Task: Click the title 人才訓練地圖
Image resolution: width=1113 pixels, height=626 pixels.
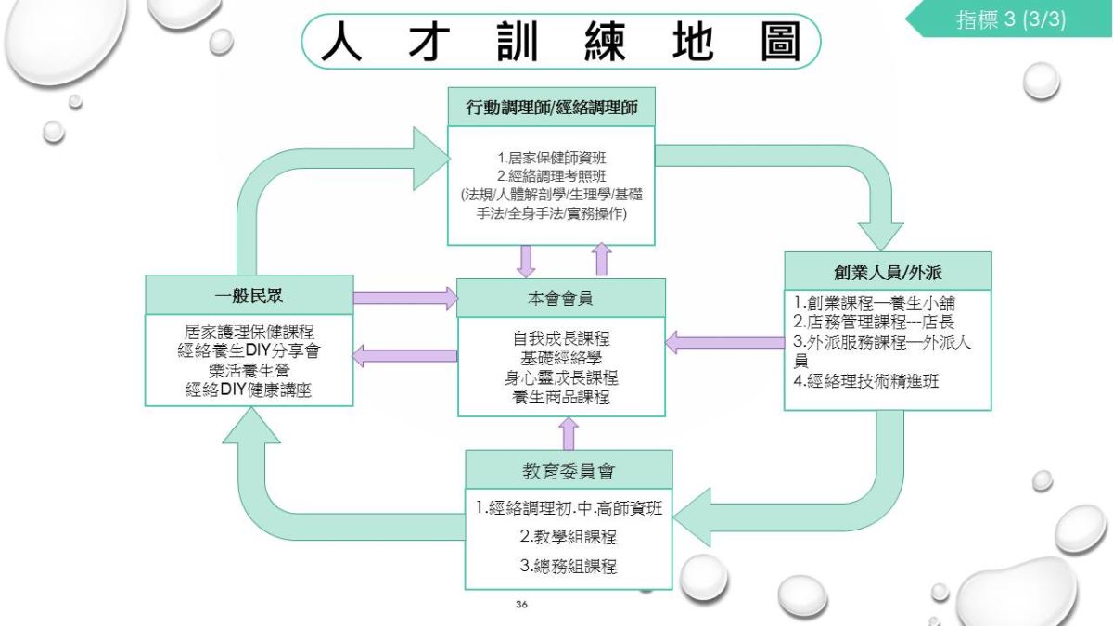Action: tap(561, 41)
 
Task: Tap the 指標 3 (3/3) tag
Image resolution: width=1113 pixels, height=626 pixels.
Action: tap(1011, 19)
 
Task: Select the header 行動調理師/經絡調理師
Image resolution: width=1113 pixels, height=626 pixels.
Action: tap(552, 108)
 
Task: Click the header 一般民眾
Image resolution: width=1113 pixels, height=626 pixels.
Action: tap(249, 296)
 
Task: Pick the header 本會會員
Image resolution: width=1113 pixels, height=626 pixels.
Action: tap(560, 299)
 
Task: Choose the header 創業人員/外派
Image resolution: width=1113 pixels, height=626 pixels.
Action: tap(888, 273)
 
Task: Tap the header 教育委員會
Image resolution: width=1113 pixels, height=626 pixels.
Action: tap(569, 470)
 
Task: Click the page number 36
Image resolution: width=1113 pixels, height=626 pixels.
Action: tap(521, 604)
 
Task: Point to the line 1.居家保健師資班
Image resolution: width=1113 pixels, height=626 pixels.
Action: tap(552, 158)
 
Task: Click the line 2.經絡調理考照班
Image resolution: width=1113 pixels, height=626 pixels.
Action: tap(552, 176)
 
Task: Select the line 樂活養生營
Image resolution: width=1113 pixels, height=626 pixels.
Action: tap(249, 371)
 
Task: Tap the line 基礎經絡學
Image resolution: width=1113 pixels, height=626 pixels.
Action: tap(561, 358)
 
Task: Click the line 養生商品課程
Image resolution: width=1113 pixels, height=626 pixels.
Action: tap(561, 397)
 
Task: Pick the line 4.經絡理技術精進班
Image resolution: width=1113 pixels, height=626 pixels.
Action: tap(866, 381)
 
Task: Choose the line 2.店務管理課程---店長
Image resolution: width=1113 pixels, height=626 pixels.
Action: tap(874, 322)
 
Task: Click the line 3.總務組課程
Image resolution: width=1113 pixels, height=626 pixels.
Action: tap(569, 566)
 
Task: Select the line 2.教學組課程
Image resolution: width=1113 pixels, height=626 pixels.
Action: tap(569, 537)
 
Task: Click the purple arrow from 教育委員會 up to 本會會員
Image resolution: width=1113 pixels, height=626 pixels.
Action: tap(569, 433)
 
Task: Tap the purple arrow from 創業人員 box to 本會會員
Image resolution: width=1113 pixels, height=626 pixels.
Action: tap(725, 343)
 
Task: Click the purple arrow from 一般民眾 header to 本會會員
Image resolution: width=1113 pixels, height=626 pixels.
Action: tap(405, 298)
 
